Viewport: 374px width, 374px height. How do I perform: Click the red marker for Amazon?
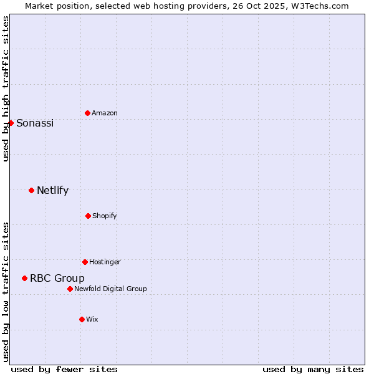[87, 113]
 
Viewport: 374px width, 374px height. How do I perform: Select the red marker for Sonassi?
[11, 123]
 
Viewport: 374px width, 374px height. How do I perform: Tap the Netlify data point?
[31, 190]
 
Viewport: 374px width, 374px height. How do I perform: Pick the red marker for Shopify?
[88, 216]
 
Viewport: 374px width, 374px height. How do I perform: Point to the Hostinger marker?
[85, 262]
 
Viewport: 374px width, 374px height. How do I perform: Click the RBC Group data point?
[24, 278]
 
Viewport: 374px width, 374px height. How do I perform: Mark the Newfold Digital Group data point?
[70, 289]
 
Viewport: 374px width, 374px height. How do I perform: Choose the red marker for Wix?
[82, 319]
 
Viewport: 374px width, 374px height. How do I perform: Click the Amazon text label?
[105, 113]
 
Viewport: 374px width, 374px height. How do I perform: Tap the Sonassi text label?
[35, 123]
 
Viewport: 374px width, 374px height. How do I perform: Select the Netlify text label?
[52, 190]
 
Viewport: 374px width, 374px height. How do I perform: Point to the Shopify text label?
[105, 216]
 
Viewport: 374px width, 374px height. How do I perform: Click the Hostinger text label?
[105, 262]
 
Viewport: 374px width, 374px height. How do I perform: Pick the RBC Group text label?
[57, 278]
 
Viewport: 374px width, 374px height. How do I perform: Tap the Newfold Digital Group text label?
[110, 289]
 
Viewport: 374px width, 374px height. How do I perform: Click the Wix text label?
[92, 319]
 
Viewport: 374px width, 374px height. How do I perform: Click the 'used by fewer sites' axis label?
[64, 369]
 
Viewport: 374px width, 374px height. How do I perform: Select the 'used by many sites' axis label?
[313, 369]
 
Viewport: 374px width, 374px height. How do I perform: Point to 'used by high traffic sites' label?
[6, 89]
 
